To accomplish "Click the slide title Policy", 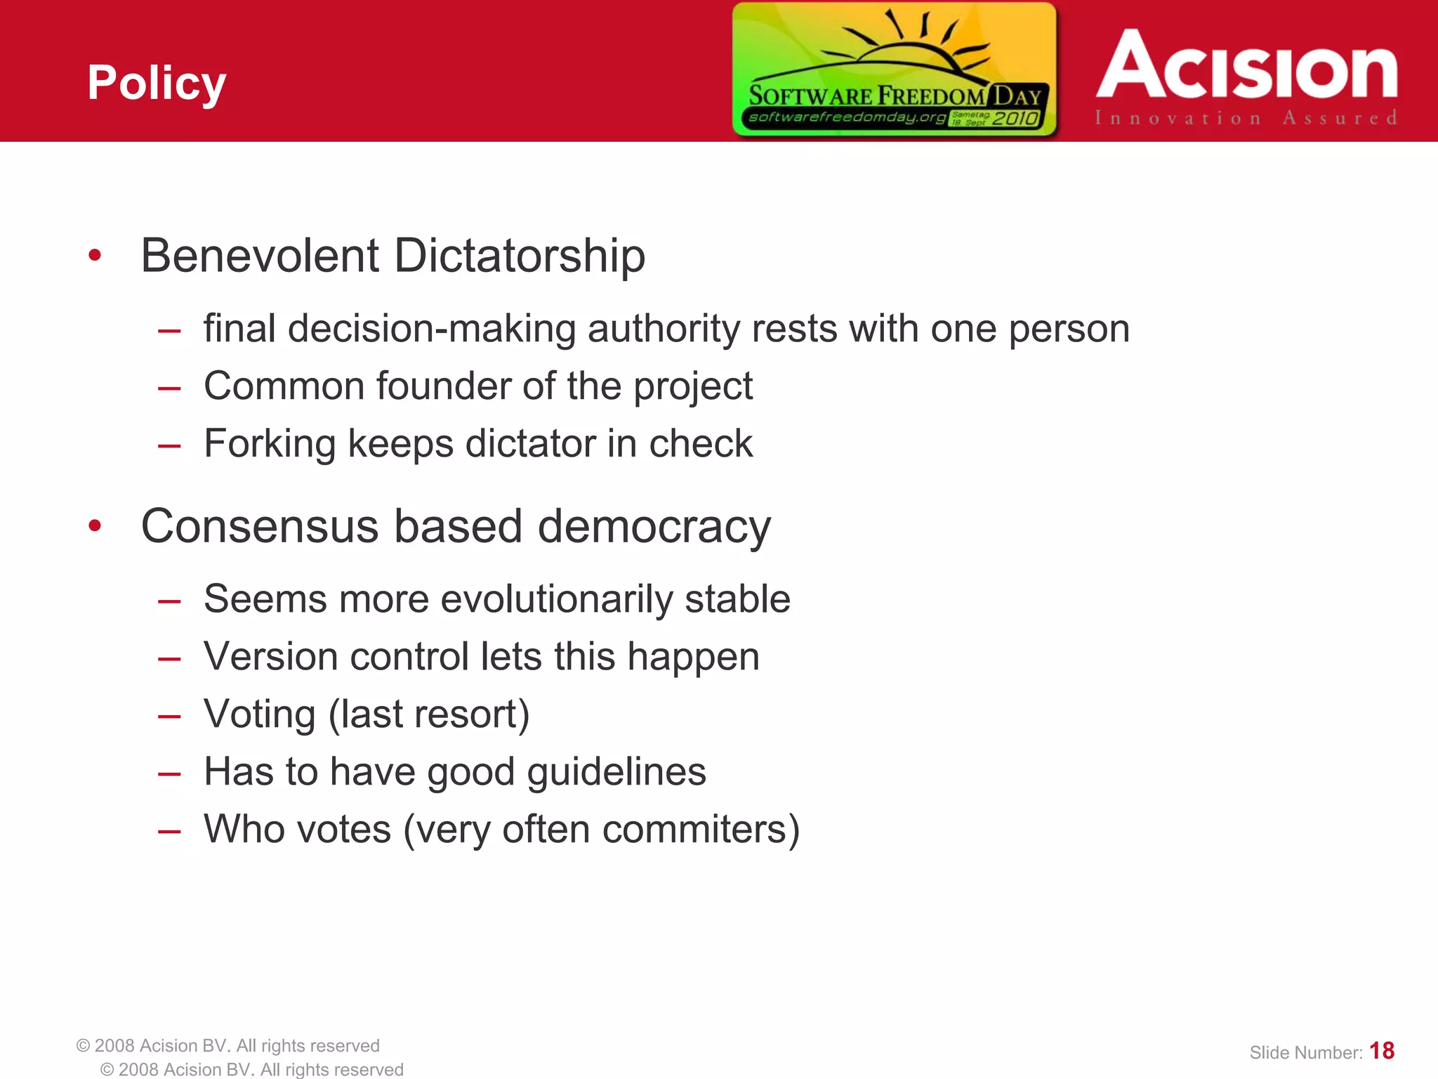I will pyautogui.click(x=157, y=83).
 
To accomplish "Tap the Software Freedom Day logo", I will pyautogui.click(x=894, y=69).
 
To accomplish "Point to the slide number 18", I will pyautogui.click(x=1382, y=1051).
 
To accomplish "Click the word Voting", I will pyautogui.click(x=260, y=715).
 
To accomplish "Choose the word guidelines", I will pyautogui.click(x=616, y=772).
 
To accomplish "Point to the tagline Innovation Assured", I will pyautogui.click(x=1246, y=118).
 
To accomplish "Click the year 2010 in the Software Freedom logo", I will pyautogui.click(x=1015, y=118).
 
